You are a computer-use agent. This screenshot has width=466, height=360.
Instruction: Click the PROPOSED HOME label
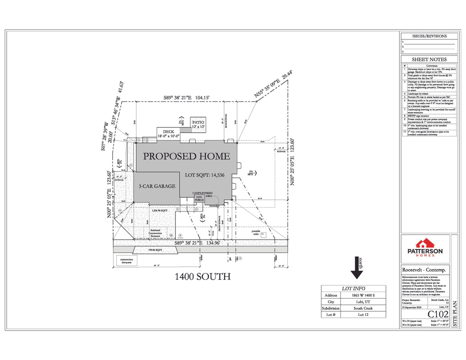pyautogui.click(x=186, y=156)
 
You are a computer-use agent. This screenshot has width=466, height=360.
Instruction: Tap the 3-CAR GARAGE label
pyautogui.click(x=157, y=186)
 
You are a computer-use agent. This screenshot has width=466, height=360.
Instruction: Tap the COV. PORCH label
pyautogui.click(x=199, y=198)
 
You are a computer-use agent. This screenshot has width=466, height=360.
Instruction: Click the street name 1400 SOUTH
pyautogui.click(x=203, y=277)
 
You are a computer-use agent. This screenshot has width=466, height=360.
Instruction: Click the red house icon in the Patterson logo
pyautogui.click(x=424, y=243)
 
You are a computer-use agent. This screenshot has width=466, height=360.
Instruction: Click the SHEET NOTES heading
pyautogui.click(x=429, y=60)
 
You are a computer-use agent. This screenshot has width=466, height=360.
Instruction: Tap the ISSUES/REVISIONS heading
pyautogui.click(x=429, y=36)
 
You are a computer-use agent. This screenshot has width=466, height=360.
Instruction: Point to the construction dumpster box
pyautogui.click(x=124, y=261)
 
